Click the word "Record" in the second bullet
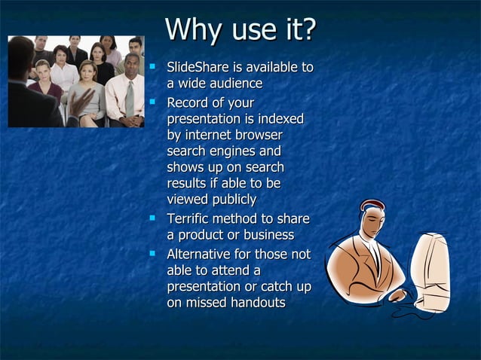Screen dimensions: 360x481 [188, 103]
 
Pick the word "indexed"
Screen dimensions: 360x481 [278, 119]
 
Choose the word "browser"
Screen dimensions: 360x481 [257, 136]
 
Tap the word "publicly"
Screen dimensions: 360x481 [231, 200]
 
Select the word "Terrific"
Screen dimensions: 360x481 [191, 219]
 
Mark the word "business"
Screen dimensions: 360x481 [265, 236]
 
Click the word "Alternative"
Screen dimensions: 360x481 [200, 255]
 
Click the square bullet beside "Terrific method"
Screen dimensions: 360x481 [153, 218]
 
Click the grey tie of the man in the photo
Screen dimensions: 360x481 [130, 98]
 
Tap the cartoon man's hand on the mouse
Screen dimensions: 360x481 [397, 294]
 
